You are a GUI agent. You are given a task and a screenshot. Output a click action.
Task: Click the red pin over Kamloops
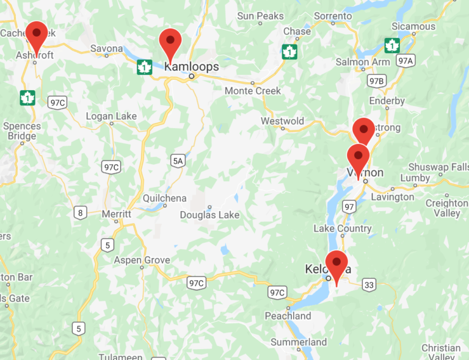click(170, 41)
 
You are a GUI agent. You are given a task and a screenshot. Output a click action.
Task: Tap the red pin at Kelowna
click(336, 263)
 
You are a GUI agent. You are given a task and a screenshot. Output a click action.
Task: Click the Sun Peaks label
click(259, 15)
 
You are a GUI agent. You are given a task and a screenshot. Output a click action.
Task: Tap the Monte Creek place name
click(253, 90)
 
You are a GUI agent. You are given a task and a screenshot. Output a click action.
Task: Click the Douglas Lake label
click(209, 215)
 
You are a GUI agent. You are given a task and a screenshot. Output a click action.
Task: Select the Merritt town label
click(116, 214)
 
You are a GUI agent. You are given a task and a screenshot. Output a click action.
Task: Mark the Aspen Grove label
click(142, 261)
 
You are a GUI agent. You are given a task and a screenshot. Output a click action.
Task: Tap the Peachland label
click(288, 316)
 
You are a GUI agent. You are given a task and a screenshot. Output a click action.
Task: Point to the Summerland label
click(299, 342)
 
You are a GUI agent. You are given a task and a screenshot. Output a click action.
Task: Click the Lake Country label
click(342, 228)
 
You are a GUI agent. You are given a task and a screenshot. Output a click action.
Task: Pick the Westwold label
click(282, 121)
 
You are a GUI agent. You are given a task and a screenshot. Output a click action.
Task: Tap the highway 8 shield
click(81, 212)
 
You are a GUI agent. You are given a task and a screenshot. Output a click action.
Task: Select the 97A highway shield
click(405, 60)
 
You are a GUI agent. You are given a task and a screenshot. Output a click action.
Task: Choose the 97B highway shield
click(377, 81)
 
